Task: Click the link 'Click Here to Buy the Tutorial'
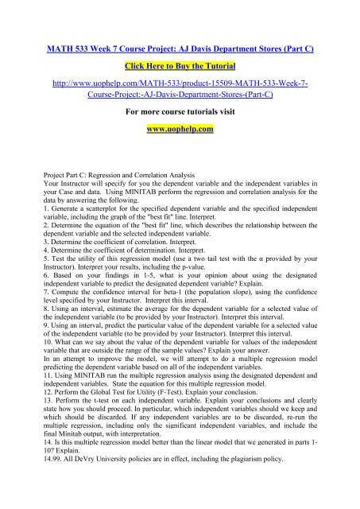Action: (180, 61)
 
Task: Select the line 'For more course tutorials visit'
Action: (180, 104)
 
